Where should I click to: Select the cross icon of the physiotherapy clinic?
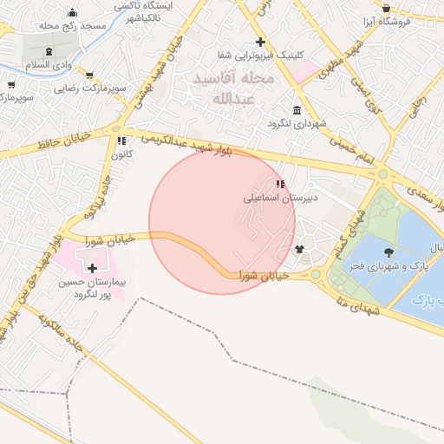pos(260,42)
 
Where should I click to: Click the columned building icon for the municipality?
pos(297,111)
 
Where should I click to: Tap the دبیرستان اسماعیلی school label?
pos(280,198)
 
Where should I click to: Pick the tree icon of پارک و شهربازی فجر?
pos(387,252)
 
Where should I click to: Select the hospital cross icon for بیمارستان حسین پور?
pos(93,269)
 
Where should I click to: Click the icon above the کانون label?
pos(121,140)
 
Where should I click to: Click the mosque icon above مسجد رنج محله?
pos(71,13)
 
